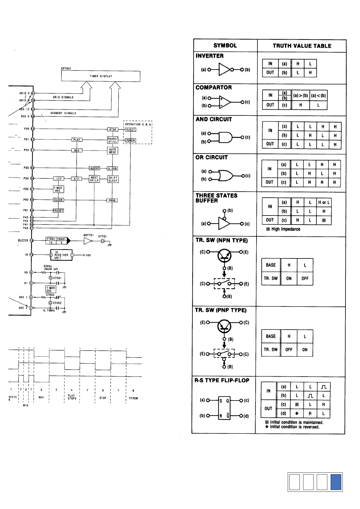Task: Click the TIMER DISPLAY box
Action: (x=101, y=76)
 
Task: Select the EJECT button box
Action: (x=131, y=130)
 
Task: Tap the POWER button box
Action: (x=131, y=140)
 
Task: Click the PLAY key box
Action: (x=77, y=140)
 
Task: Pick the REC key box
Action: (x=77, y=150)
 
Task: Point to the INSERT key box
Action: (x=94, y=168)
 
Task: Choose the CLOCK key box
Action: (x=58, y=200)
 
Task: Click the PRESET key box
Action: (x=58, y=211)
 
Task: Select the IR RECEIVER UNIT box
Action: (x=61, y=255)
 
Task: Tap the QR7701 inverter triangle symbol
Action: (x=88, y=241)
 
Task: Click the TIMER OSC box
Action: (x=51, y=289)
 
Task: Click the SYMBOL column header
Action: (x=225, y=46)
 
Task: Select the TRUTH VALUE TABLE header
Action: (x=302, y=46)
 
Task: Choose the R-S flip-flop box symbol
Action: (x=224, y=408)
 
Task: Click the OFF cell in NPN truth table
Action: (x=305, y=278)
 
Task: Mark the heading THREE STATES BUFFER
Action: (x=216, y=198)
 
